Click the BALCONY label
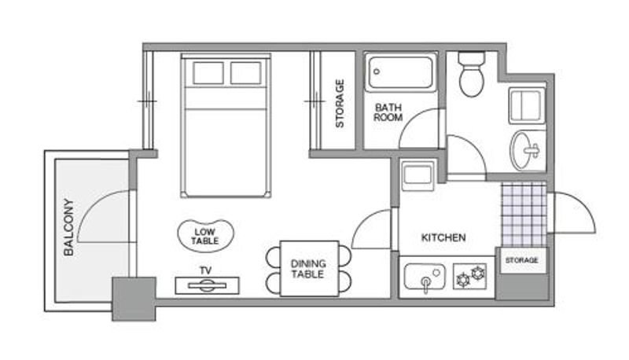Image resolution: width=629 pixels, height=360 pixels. [69, 227]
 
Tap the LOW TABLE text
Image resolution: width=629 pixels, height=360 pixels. [205, 237]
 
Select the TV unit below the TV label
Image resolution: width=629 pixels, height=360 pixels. [207, 285]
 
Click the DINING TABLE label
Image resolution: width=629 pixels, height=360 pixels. [307, 269]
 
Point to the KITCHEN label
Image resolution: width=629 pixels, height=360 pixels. [443, 237]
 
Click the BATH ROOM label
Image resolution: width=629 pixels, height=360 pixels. [388, 112]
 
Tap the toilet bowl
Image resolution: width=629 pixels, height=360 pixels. [472, 75]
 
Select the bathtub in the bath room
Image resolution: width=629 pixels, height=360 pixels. [401, 72]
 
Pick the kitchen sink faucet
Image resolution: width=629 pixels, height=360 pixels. [425, 284]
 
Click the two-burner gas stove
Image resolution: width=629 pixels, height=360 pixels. [470, 276]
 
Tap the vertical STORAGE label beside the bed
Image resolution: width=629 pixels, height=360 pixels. [340, 104]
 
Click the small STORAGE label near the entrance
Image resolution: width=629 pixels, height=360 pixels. [521, 260]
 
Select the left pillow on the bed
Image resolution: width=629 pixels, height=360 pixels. [208, 73]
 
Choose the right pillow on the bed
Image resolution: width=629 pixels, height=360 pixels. [246, 73]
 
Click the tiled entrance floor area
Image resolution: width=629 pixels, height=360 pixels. [524, 214]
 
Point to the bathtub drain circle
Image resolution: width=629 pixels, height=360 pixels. [377, 72]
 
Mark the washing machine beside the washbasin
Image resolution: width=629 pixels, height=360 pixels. [526, 105]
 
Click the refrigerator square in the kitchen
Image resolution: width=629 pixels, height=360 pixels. [417, 175]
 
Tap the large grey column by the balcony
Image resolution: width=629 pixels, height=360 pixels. [134, 299]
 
